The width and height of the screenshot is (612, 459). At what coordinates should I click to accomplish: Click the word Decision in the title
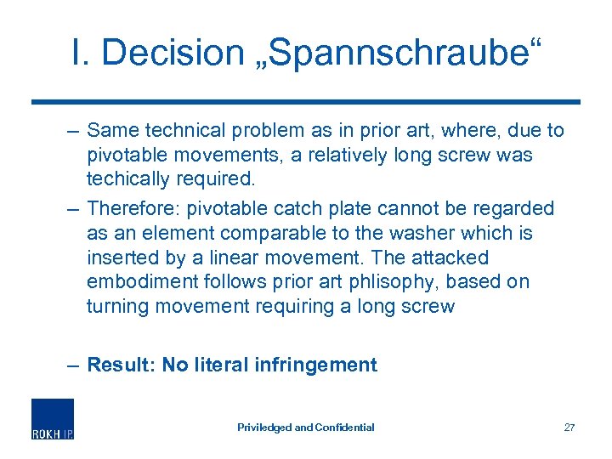coord(172,53)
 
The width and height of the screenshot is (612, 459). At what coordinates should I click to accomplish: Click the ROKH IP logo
coord(53,419)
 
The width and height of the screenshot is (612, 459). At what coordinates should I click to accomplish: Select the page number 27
coord(569,428)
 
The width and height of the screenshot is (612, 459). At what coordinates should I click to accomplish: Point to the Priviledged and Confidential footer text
coord(306,428)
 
